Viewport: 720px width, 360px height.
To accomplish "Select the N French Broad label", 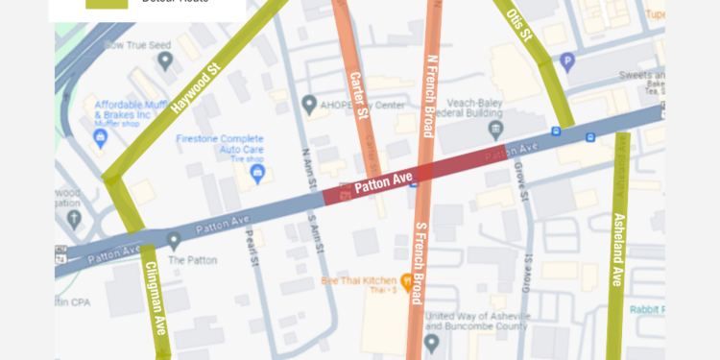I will tap(430, 96).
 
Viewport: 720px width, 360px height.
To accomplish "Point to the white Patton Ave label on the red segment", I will tap(383, 182).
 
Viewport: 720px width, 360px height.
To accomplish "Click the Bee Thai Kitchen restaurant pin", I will tap(406, 282).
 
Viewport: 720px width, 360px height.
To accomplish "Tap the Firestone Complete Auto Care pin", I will tap(257, 173).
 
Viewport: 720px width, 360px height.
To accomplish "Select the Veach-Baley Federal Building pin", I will tap(496, 129).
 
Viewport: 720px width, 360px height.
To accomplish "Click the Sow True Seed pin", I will tap(165, 60).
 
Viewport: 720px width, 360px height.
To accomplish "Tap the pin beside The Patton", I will tap(174, 240).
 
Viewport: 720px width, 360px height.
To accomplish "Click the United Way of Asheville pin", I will tap(431, 342).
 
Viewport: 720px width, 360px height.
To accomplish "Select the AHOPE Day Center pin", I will tap(309, 103).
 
